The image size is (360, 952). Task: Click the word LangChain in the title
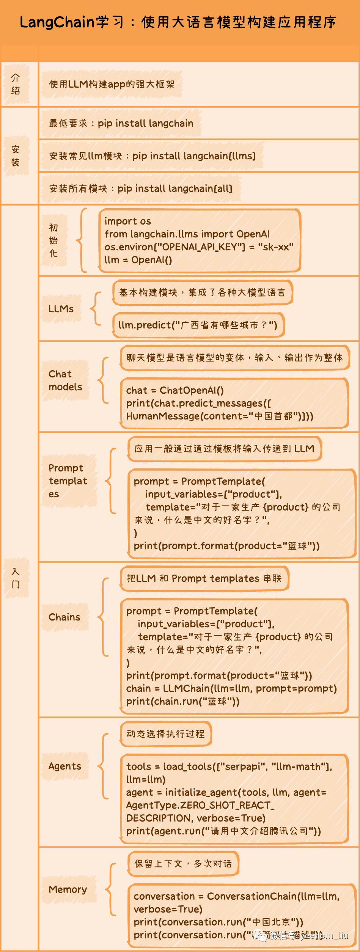coord(57,22)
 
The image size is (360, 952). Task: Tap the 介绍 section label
coord(16,84)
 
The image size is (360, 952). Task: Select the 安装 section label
coord(16,156)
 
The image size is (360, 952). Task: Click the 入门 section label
coord(16,578)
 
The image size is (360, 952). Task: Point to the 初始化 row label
coord(53,240)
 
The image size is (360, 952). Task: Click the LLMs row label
coord(61,309)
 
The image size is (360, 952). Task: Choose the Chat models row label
coord(65,380)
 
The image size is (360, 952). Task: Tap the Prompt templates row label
coord(68,481)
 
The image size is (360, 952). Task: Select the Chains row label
coord(64,617)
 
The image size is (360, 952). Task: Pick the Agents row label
coord(65,766)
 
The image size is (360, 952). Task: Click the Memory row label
coord(68,889)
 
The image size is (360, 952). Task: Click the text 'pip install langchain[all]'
coord(175,189)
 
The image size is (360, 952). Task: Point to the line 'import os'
coord(128,221)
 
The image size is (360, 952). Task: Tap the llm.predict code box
coord(198,325)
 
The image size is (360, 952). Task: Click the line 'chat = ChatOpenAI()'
coord(175,390)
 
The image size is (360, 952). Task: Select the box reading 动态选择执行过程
coord(166,734)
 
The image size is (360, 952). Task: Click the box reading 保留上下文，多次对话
coord(183,864)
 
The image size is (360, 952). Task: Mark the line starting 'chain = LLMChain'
coord(231,688)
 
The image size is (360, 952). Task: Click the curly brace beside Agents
coord(103,766)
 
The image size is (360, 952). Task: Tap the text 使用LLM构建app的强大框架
coord(112,84)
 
